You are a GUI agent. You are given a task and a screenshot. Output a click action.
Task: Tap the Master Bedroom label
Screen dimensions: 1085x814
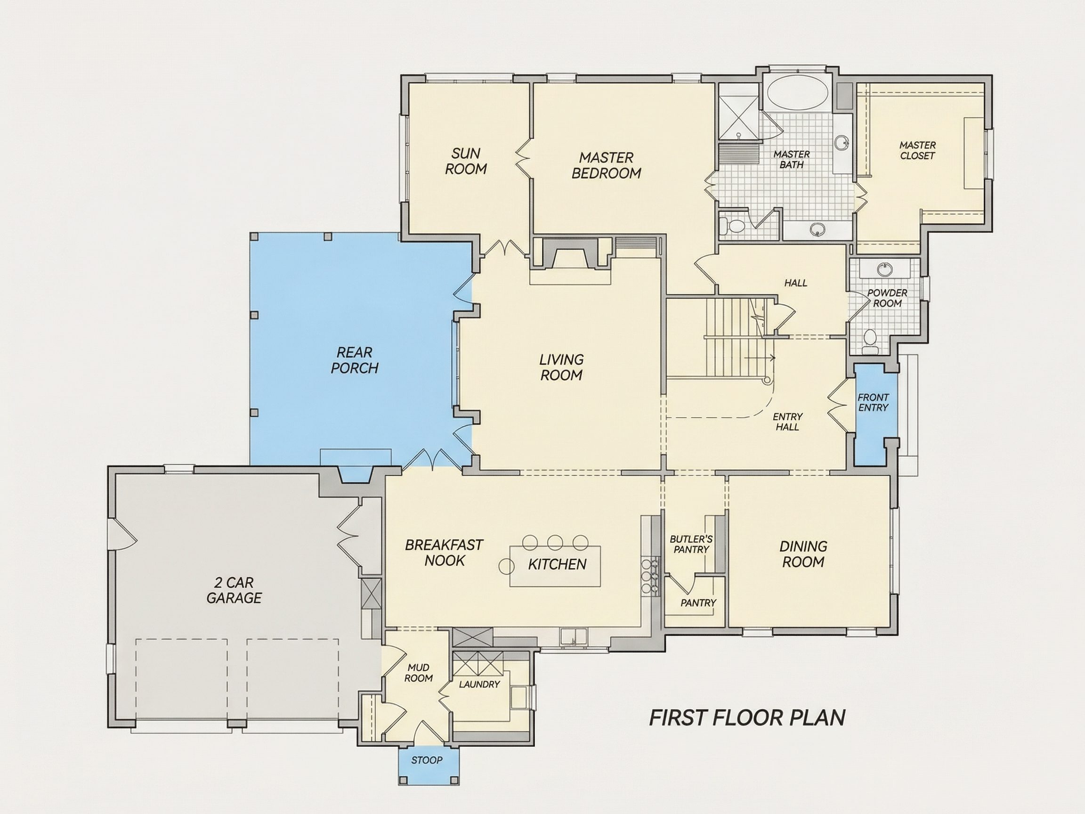coord(606,165)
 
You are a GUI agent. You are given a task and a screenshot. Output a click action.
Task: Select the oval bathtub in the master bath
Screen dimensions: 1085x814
coord(798,92)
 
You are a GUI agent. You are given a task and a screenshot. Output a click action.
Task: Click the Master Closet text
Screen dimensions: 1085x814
coord(917,150)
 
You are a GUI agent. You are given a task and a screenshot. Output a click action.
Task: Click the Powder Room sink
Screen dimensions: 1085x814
coord(884,269)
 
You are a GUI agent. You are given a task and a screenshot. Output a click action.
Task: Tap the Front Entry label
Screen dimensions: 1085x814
coord(873,402)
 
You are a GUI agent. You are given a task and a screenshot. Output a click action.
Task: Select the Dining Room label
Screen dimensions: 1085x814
coord(803,554)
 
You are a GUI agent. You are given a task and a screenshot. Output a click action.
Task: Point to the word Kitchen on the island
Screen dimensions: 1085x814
coord(557,564)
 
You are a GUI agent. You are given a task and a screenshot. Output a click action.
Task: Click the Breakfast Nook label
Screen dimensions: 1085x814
coord(444,553)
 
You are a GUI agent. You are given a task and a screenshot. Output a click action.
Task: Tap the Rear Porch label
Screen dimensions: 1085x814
coord(354,360)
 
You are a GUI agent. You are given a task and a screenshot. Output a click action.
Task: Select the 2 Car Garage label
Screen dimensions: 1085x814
coord(234,590)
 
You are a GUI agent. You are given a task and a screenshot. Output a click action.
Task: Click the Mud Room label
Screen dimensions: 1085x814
coord(418,673)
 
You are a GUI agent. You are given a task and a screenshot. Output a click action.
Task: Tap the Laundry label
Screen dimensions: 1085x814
coord(479,684)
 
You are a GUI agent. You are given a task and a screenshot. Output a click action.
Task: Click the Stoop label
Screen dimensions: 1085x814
coord(427,760)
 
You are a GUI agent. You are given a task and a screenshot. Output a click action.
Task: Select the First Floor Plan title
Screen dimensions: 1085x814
coord(747,718)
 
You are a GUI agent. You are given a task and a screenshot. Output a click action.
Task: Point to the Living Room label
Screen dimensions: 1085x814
coord(562,367)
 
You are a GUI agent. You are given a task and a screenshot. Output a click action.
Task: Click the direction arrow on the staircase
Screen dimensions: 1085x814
coord(759,358)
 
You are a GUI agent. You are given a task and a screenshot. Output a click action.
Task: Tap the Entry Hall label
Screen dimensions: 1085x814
coord(787,422)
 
